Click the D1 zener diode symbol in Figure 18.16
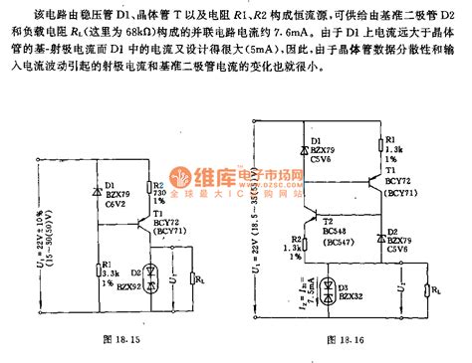click(x=305, y=149)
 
